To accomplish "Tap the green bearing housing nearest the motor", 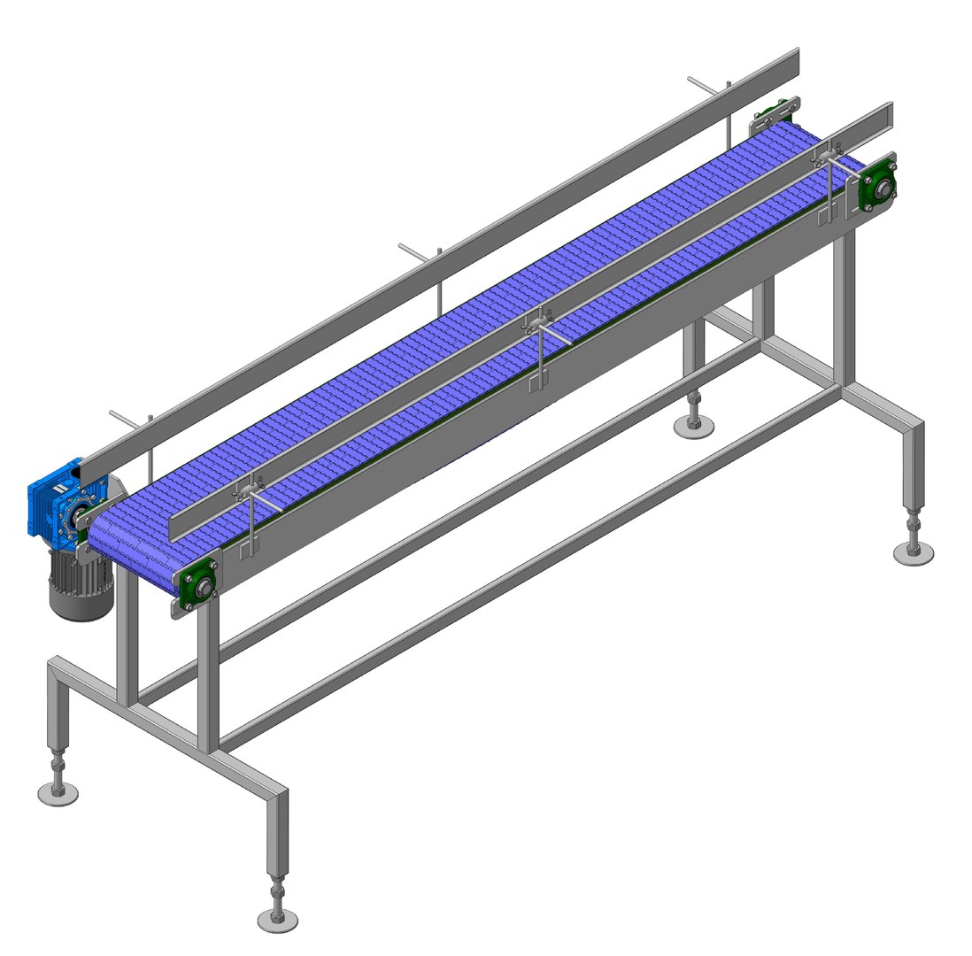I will tap(200, 585).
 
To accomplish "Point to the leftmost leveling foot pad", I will tap(58, 793).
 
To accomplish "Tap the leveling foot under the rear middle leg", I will tap(693, 426).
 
